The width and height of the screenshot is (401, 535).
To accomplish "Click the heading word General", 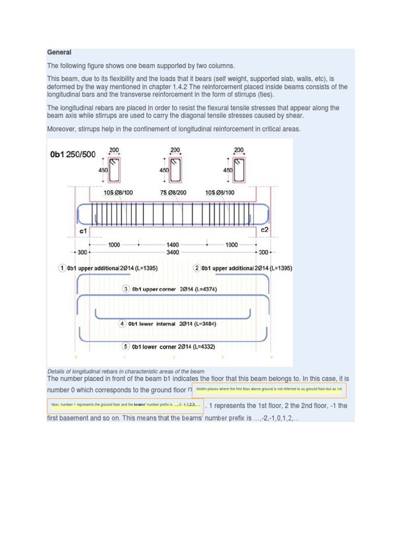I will (59, 52).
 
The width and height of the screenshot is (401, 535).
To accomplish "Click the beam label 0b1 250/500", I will (73, 155).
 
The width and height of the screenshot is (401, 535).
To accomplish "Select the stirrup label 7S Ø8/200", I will (173, 193).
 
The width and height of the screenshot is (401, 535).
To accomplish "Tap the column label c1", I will (83, 230).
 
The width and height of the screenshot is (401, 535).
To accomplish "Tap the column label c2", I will (265, 230).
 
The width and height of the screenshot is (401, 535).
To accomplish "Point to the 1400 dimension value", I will (173, 245).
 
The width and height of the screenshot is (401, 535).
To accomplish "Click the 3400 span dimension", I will (173, 252).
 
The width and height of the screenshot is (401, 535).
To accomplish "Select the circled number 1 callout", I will (62, 268).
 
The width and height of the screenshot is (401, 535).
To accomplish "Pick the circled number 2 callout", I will (196, 268).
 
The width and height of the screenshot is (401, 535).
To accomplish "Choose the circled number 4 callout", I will (123, 324).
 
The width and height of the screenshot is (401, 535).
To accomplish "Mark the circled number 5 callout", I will (125, 346).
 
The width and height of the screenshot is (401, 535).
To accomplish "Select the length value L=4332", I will (203, 346).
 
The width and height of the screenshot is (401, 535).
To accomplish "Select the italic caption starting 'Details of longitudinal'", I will (125, 371).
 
